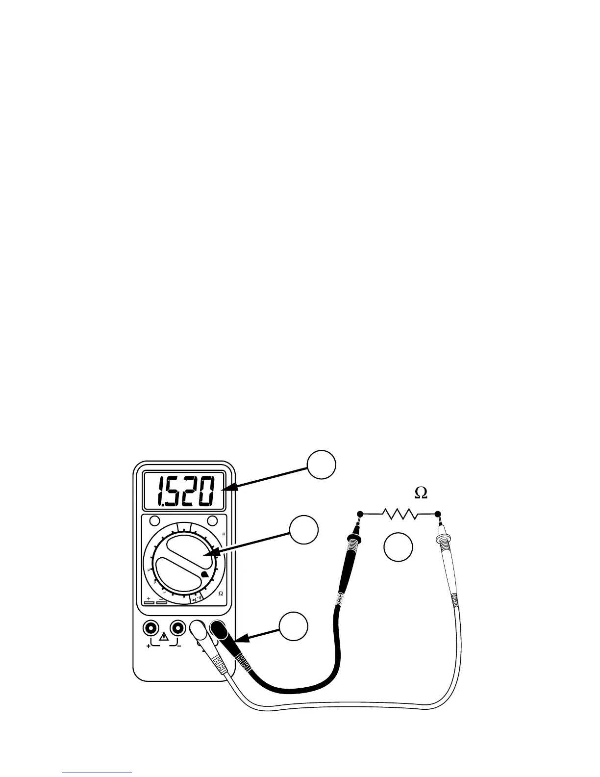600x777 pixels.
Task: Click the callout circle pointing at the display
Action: click(x=322, y=465)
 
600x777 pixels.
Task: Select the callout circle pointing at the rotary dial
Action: click(x=304, y=530)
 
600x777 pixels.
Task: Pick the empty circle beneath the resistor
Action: click(x=398, y=547)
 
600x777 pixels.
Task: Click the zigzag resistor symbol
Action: click(x=400, y=514)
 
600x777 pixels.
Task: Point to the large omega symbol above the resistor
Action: click(x=421, y=494)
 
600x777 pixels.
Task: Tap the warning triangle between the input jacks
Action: click(x=164, y=638)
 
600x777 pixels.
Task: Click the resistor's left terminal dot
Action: click(x=360, y=514)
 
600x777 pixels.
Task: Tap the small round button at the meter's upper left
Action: click(x=154, y=520)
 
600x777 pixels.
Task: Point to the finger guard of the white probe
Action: click(x=445, y=546)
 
